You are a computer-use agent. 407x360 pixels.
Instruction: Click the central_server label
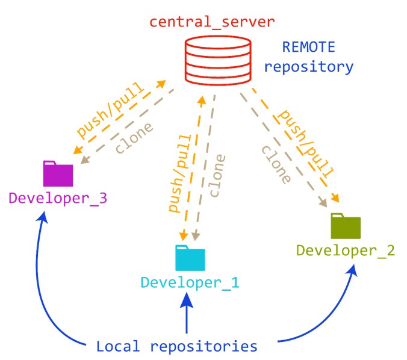(x=211, y=23)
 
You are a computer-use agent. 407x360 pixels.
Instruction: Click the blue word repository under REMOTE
(x=309, y=66)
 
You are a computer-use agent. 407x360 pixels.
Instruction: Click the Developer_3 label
(x=58, y=197)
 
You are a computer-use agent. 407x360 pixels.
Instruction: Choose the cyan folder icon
(x=190, y=258)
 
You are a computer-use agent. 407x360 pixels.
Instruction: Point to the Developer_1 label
(x=190, y=282)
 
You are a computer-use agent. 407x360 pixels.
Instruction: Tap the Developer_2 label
(x=346, y=250)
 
